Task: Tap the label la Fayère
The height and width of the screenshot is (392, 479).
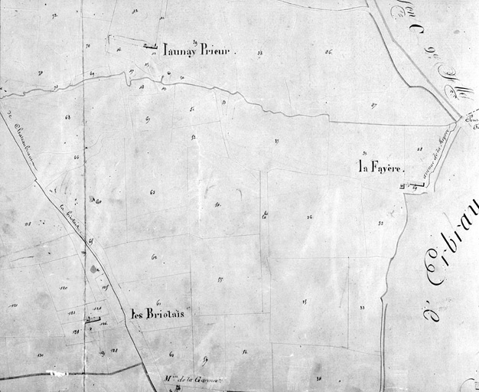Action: (x=380, y=167)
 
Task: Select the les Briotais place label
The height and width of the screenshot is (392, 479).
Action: (x=157, y=313)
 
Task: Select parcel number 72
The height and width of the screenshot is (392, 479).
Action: (x=54, y=15)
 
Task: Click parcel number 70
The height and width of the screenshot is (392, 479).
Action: (x=88, y=47)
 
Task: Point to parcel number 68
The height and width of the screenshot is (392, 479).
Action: (x=67, y=117)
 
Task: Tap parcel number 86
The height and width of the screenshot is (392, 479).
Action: (x=328, y=52)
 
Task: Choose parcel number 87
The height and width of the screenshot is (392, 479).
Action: (x=373, y=105)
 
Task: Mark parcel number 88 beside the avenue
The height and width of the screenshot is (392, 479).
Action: (x=419, y=149)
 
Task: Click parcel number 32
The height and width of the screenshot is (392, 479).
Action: (x=380, y=224)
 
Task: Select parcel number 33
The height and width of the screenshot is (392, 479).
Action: (x=362, y=308)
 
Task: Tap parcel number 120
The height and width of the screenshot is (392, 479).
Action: (x=64, y=287)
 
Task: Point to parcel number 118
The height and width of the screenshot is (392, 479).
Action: (x=28, y=224)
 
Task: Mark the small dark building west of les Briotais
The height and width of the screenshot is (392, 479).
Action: (x=93, y=318)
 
